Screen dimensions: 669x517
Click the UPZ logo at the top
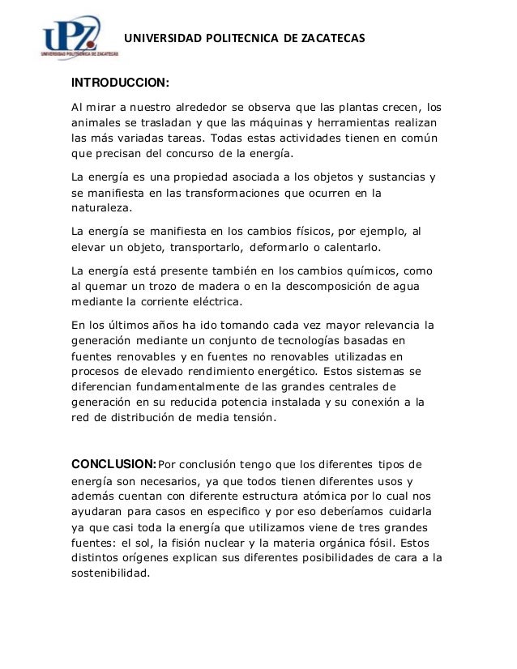point(79,38)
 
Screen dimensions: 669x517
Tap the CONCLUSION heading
point(113,464)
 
